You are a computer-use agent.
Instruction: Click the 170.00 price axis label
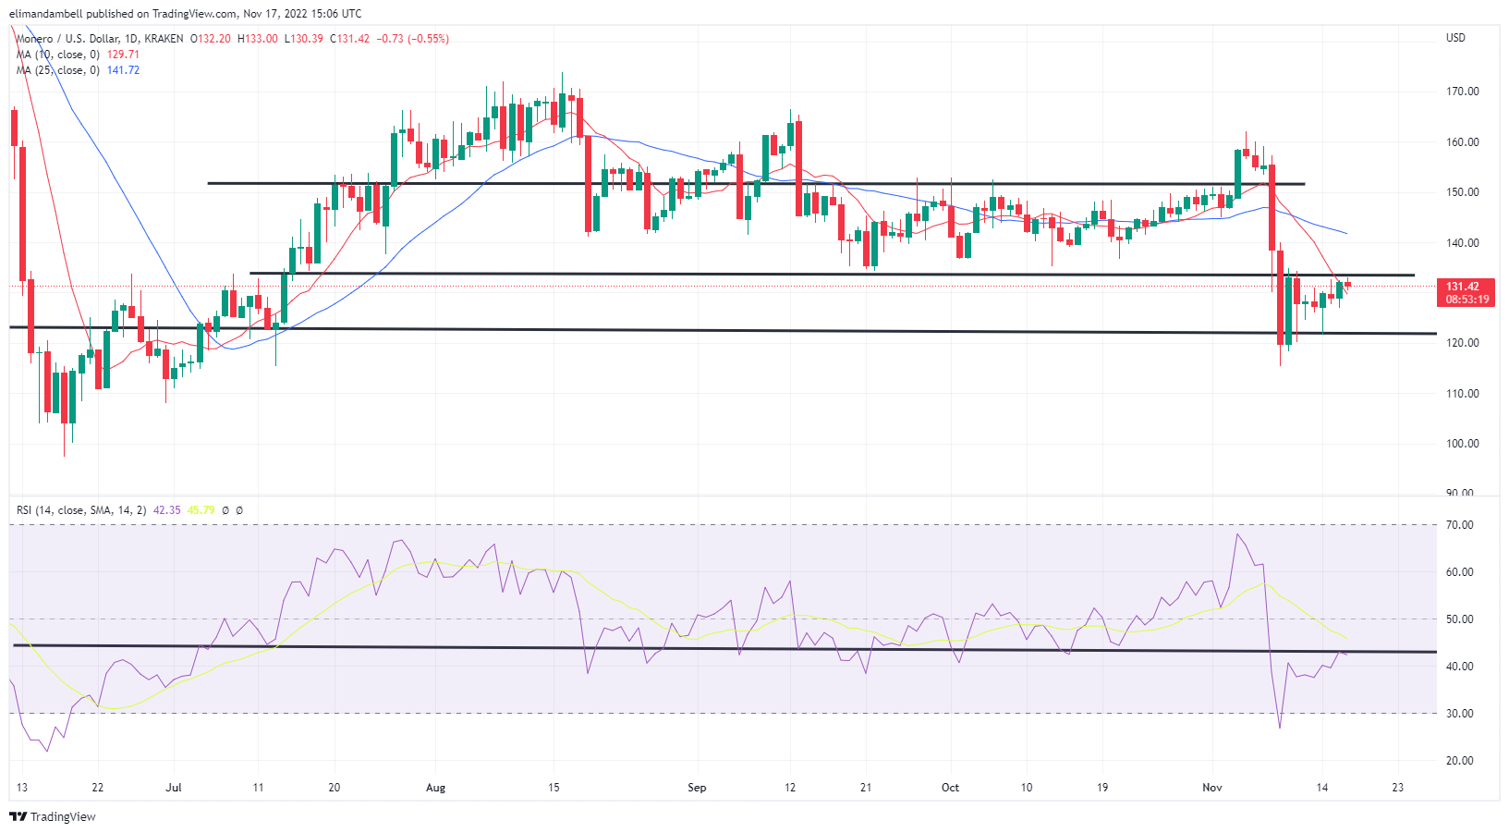[1462, 92]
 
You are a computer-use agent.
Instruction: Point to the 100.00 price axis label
[1462, 444]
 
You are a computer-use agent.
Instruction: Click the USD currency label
[1455, 38]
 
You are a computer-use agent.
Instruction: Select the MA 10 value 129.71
[123, 55]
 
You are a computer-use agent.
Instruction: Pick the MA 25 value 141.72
[123, 70]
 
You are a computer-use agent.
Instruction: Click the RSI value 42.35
[166, 510]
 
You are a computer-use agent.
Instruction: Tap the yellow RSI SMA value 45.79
[201, 510]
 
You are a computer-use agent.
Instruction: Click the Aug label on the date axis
[435, 788]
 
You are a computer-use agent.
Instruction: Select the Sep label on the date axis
[697, 788]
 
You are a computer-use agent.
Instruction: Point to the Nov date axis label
[1211, 788]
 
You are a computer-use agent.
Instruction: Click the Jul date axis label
[174, 788]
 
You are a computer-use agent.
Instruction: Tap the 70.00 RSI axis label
[1460, 525]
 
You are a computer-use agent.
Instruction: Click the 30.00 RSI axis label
[1460, 714]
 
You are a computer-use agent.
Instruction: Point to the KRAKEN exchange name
[164, 39]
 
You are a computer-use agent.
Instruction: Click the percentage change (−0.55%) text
[427, 39]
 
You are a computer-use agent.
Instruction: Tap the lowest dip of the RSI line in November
[1280, 728]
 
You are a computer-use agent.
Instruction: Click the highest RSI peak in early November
[1236, 534]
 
